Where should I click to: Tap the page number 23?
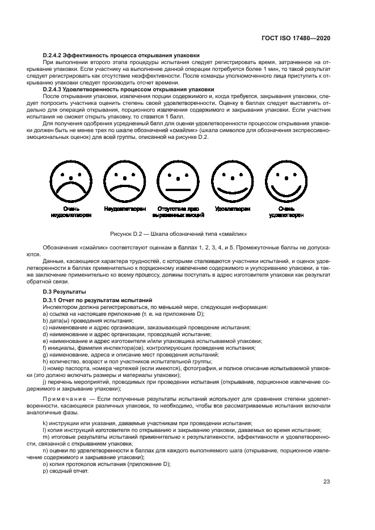click(326, 482)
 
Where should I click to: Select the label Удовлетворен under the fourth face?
click(232, 209)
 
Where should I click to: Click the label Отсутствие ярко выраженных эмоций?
click(178, 212)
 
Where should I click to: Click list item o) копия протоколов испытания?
click(106, 464)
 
